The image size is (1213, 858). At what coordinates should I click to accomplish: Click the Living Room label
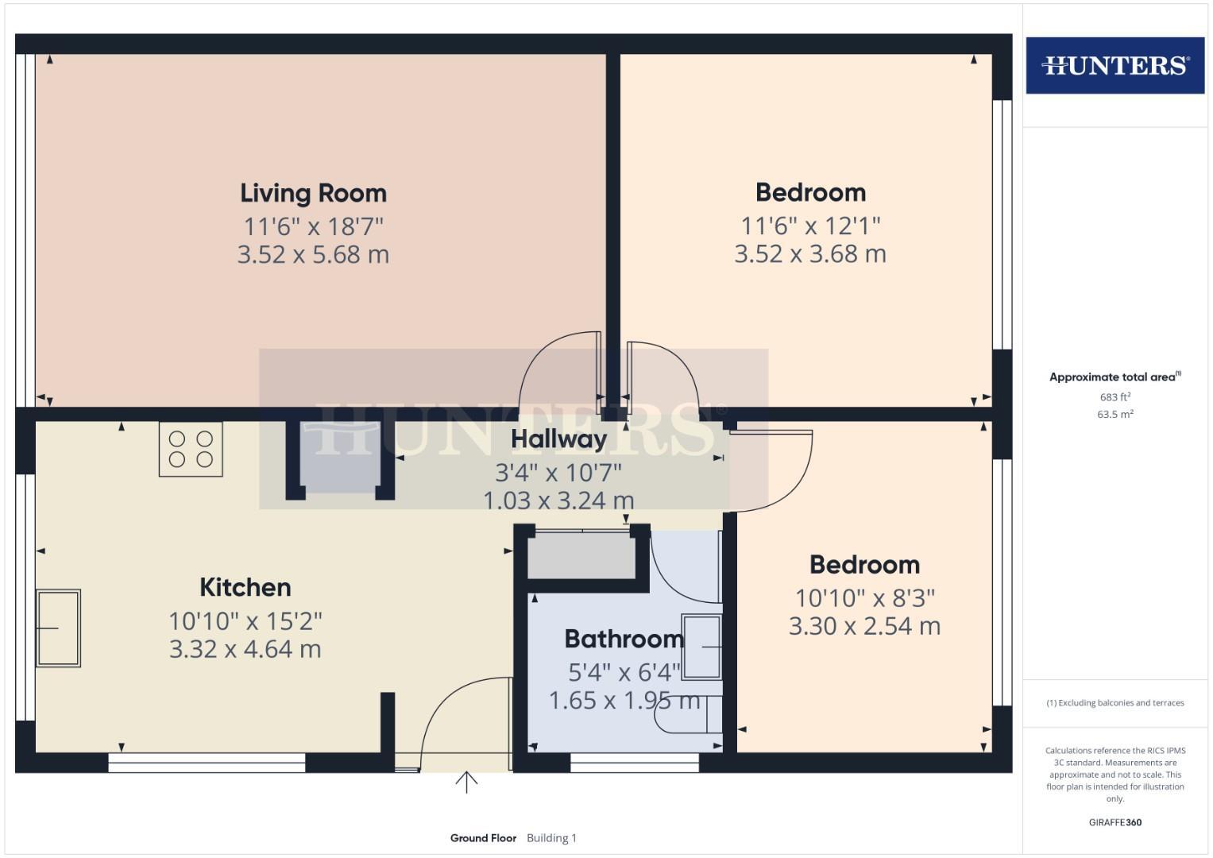(313, 193)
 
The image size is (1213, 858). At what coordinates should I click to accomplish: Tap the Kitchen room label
(245, 587)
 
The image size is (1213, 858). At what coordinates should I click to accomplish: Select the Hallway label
(558, 439)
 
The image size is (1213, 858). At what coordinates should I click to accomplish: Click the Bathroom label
(624, 639)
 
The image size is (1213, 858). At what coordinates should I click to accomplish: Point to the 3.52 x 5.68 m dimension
(313, 255)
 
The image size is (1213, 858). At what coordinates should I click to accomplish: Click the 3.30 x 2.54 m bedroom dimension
(864, 626)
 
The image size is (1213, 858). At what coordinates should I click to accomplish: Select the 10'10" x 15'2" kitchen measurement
(245, 620)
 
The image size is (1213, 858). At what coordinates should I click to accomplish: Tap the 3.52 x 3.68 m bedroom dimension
(809, 254)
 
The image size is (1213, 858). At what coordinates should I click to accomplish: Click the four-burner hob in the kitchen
(191, 449)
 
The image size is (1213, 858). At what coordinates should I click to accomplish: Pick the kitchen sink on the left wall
(58, 628)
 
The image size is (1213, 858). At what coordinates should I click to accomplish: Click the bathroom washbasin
(701, 647)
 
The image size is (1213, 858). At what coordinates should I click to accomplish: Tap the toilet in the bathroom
(688, 715)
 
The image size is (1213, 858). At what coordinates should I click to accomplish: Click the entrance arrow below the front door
(466, 783)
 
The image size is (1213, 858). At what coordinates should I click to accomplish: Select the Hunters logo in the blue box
(1114, 65)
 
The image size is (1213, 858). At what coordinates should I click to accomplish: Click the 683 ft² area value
(1114, 397)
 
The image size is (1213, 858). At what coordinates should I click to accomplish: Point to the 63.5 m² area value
(1114, 414)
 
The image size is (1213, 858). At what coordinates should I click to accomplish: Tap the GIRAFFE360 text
(1114, 822)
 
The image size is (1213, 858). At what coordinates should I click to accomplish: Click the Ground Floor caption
(483, 838)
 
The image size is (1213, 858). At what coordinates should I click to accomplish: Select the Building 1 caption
(551, 838)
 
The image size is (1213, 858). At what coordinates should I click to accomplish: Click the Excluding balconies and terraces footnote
(1114, 703)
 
